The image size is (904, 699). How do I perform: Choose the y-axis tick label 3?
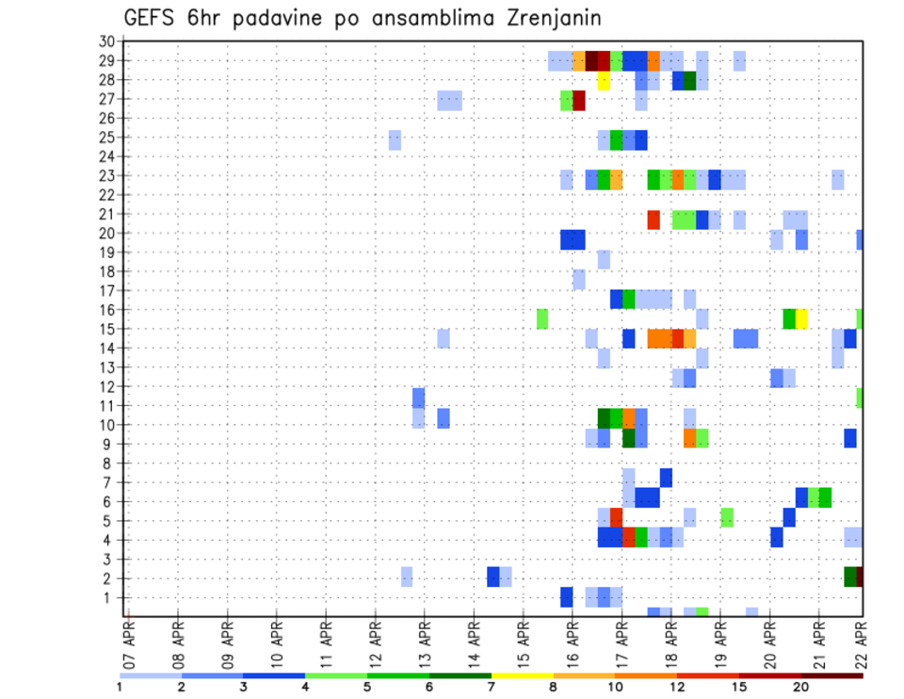point(109,560)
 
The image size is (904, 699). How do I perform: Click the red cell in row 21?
point(654,219)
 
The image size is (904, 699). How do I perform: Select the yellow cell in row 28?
point(604,81)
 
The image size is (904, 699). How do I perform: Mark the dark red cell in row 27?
point(579,100)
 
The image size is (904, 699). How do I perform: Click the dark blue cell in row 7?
point(666,478)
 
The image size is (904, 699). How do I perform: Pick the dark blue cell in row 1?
point(567,597)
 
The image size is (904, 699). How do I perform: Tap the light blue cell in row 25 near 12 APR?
point(395,139)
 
